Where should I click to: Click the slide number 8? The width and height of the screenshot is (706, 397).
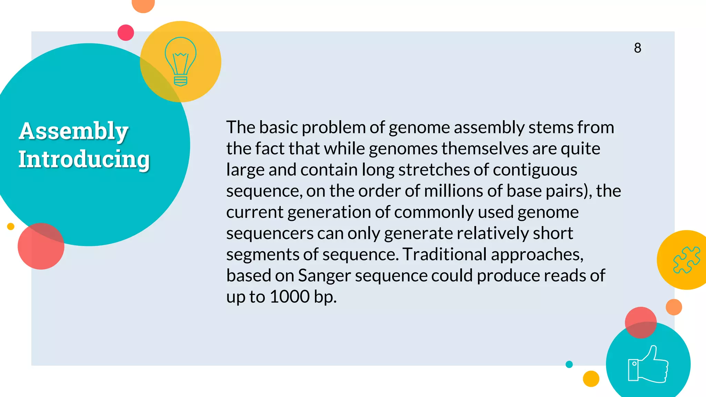637,48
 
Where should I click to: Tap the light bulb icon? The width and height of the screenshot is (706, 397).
180,61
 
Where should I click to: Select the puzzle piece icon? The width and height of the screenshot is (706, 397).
686,260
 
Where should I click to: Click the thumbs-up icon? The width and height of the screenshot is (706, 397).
648,365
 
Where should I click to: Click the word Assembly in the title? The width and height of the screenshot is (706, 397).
74,131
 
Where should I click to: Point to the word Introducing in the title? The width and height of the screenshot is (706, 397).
84,159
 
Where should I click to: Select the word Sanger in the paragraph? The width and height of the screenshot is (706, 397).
324,276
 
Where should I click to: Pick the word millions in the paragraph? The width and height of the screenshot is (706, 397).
453,191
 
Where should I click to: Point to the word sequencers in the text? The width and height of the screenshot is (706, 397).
270,234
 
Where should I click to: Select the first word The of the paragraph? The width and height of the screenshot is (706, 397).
240,128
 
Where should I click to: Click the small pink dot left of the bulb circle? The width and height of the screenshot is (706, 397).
126,33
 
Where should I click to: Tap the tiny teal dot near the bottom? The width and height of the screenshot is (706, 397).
569,364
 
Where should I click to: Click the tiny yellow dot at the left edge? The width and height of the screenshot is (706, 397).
11,226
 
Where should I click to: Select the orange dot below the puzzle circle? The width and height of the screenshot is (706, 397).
674,307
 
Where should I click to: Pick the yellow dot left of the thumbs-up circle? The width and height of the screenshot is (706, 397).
591,379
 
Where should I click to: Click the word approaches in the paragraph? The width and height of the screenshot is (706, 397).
537,255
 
